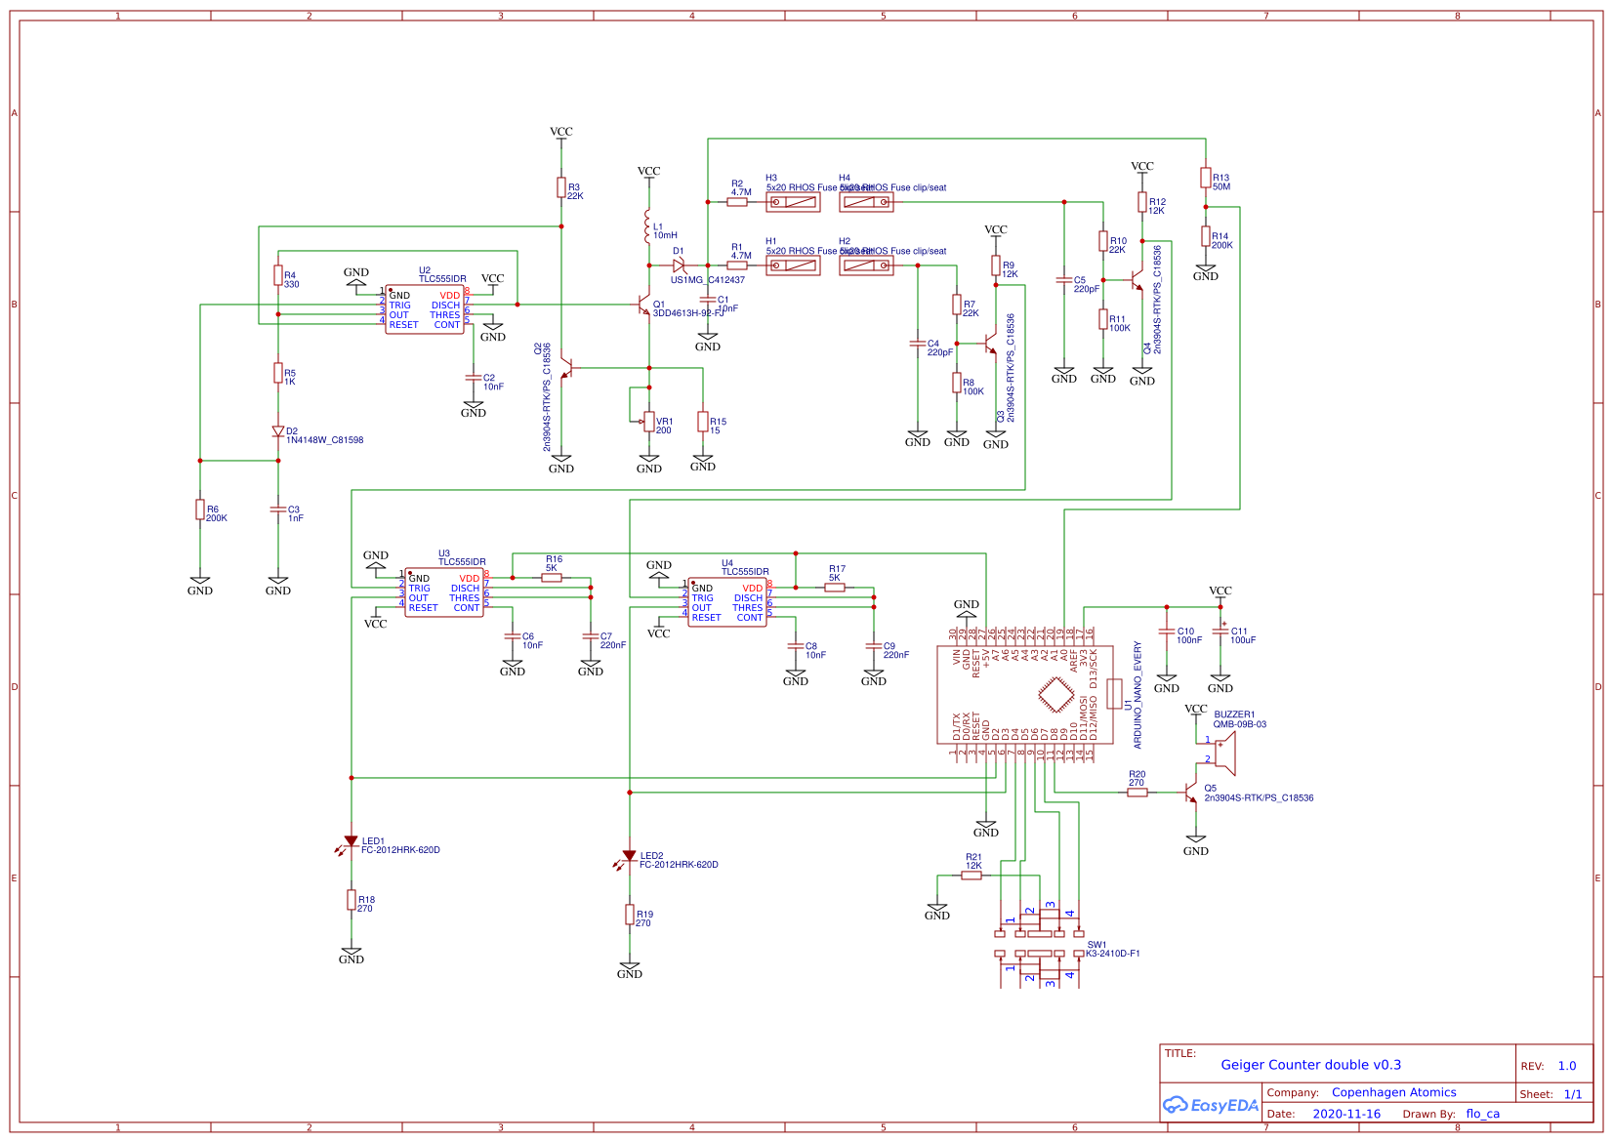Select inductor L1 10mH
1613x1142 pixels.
click(x=646, y=226)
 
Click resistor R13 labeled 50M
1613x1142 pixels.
click(x=1206, y=178)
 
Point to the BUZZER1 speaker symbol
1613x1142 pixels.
click(x=1224, y=753)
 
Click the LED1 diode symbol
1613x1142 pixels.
click(x=352, y=841)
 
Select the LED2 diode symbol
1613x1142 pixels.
click(x=630, y=856)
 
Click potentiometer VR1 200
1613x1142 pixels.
click(x=649, y=421)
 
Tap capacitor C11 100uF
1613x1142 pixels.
click(x=1220, y=632)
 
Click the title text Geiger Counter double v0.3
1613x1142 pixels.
click(x=1310, y=1065)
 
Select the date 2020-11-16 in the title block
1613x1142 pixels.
click(x=1346, y=1114)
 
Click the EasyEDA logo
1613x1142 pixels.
click(x=1211, y=1105)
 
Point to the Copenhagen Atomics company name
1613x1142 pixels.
click(x=1393, y=1092)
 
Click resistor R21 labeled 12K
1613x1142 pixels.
click(x=972, y=876)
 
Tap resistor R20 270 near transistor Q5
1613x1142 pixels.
click(x=1137, y=793)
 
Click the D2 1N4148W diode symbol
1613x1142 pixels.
click(x=278, y=431)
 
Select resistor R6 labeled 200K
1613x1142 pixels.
click(x=200, y=510)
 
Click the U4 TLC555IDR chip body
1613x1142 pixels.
click(x=727, y=602)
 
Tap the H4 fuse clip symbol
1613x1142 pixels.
click(x=866, y=202)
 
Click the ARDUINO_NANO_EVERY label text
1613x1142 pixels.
click(x=1137, y=695)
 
